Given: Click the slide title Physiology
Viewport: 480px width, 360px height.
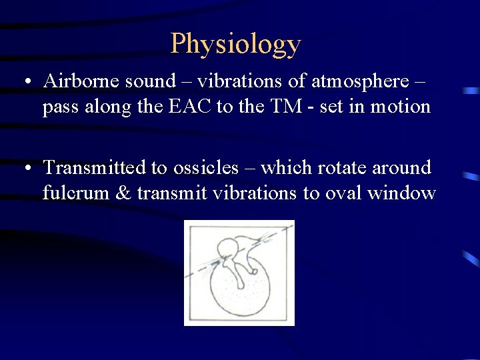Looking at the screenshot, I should click(x=236, y=44).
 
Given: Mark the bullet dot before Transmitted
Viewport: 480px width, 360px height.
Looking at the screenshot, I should click(x=25, y=169).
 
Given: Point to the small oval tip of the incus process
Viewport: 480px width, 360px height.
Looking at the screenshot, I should click(x=255, y=269).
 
